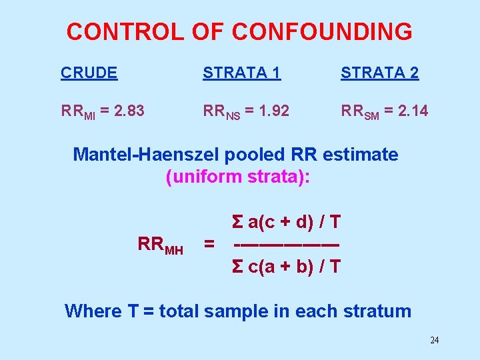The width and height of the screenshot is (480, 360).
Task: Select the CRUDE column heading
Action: click(89, 73)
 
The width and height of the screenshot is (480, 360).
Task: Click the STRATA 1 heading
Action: click(241, 73)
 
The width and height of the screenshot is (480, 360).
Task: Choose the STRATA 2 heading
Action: click(379, 73)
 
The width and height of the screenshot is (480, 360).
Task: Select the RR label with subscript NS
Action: click(222, 112)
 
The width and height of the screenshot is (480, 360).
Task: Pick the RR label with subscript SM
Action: click(361, 112)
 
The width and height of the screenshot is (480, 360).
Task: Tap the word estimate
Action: click(360, 155)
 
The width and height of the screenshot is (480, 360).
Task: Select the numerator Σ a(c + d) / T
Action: click(286, 221)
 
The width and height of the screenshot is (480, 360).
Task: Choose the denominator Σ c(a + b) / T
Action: click(286, 267)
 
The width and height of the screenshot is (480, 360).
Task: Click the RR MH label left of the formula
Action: click(160, 245)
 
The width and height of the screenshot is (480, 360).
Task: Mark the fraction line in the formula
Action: click(286, 244)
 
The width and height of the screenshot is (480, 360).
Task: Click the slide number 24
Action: click(434, 341)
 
